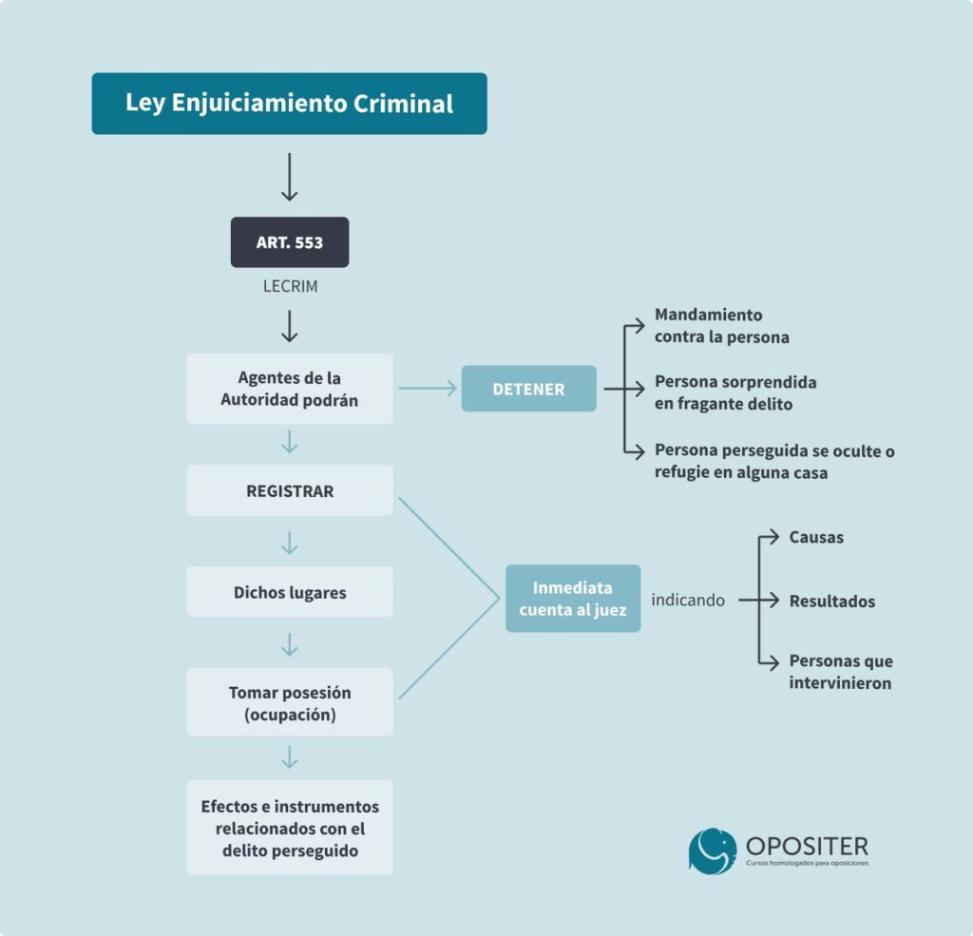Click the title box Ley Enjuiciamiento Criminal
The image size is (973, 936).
(289, 104)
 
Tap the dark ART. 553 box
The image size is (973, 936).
(290, 242)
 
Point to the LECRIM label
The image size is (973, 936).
(290, 285)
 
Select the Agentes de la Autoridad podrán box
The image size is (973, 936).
(290, 389)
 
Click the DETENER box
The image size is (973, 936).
(528, 389)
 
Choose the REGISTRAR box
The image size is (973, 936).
(290, 490)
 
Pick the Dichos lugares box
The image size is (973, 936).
(290, 592)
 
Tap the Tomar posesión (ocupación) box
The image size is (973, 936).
(290, 702)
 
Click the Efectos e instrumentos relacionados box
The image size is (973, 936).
(290, 828)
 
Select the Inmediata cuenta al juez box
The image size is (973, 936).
(572, 599)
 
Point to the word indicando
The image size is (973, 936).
(688, 601)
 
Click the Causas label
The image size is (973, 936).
(816, 537)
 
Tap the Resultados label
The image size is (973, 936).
(831, 601)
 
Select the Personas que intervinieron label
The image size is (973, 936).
(840, 672)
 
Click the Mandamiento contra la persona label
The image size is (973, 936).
(721, 325)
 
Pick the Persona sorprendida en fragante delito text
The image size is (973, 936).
(735, 392)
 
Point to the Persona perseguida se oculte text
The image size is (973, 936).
(773, 461)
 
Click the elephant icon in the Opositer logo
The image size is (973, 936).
(712, 850)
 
